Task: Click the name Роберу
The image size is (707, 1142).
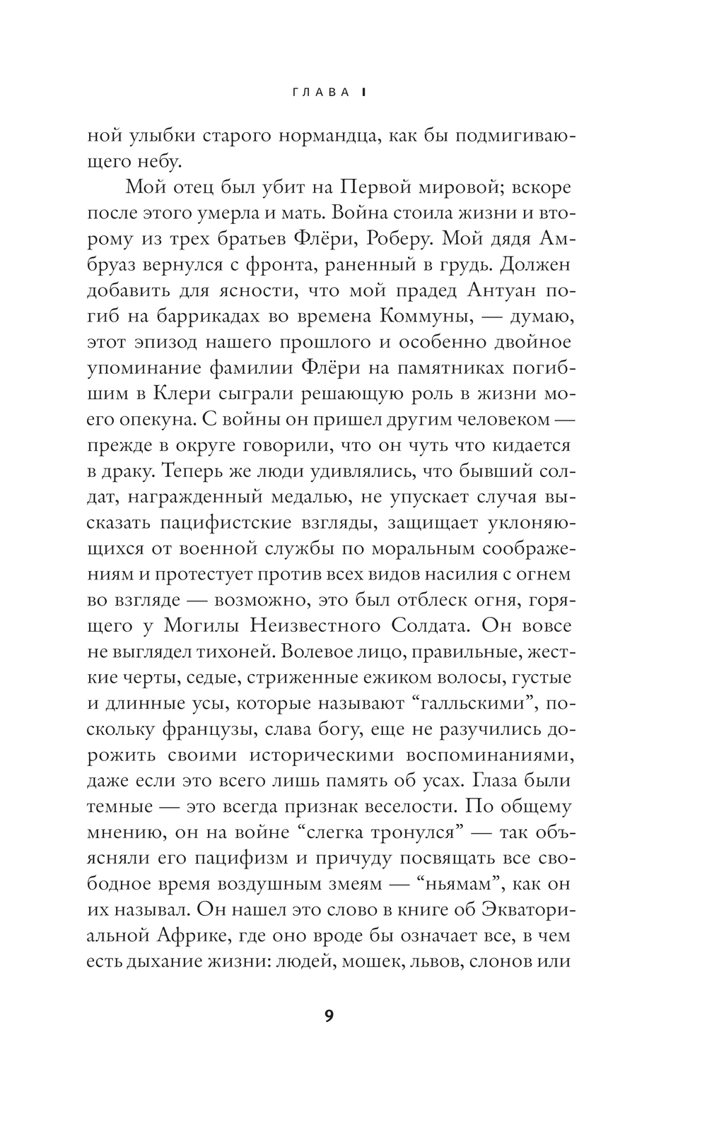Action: [x=397, y=239]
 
